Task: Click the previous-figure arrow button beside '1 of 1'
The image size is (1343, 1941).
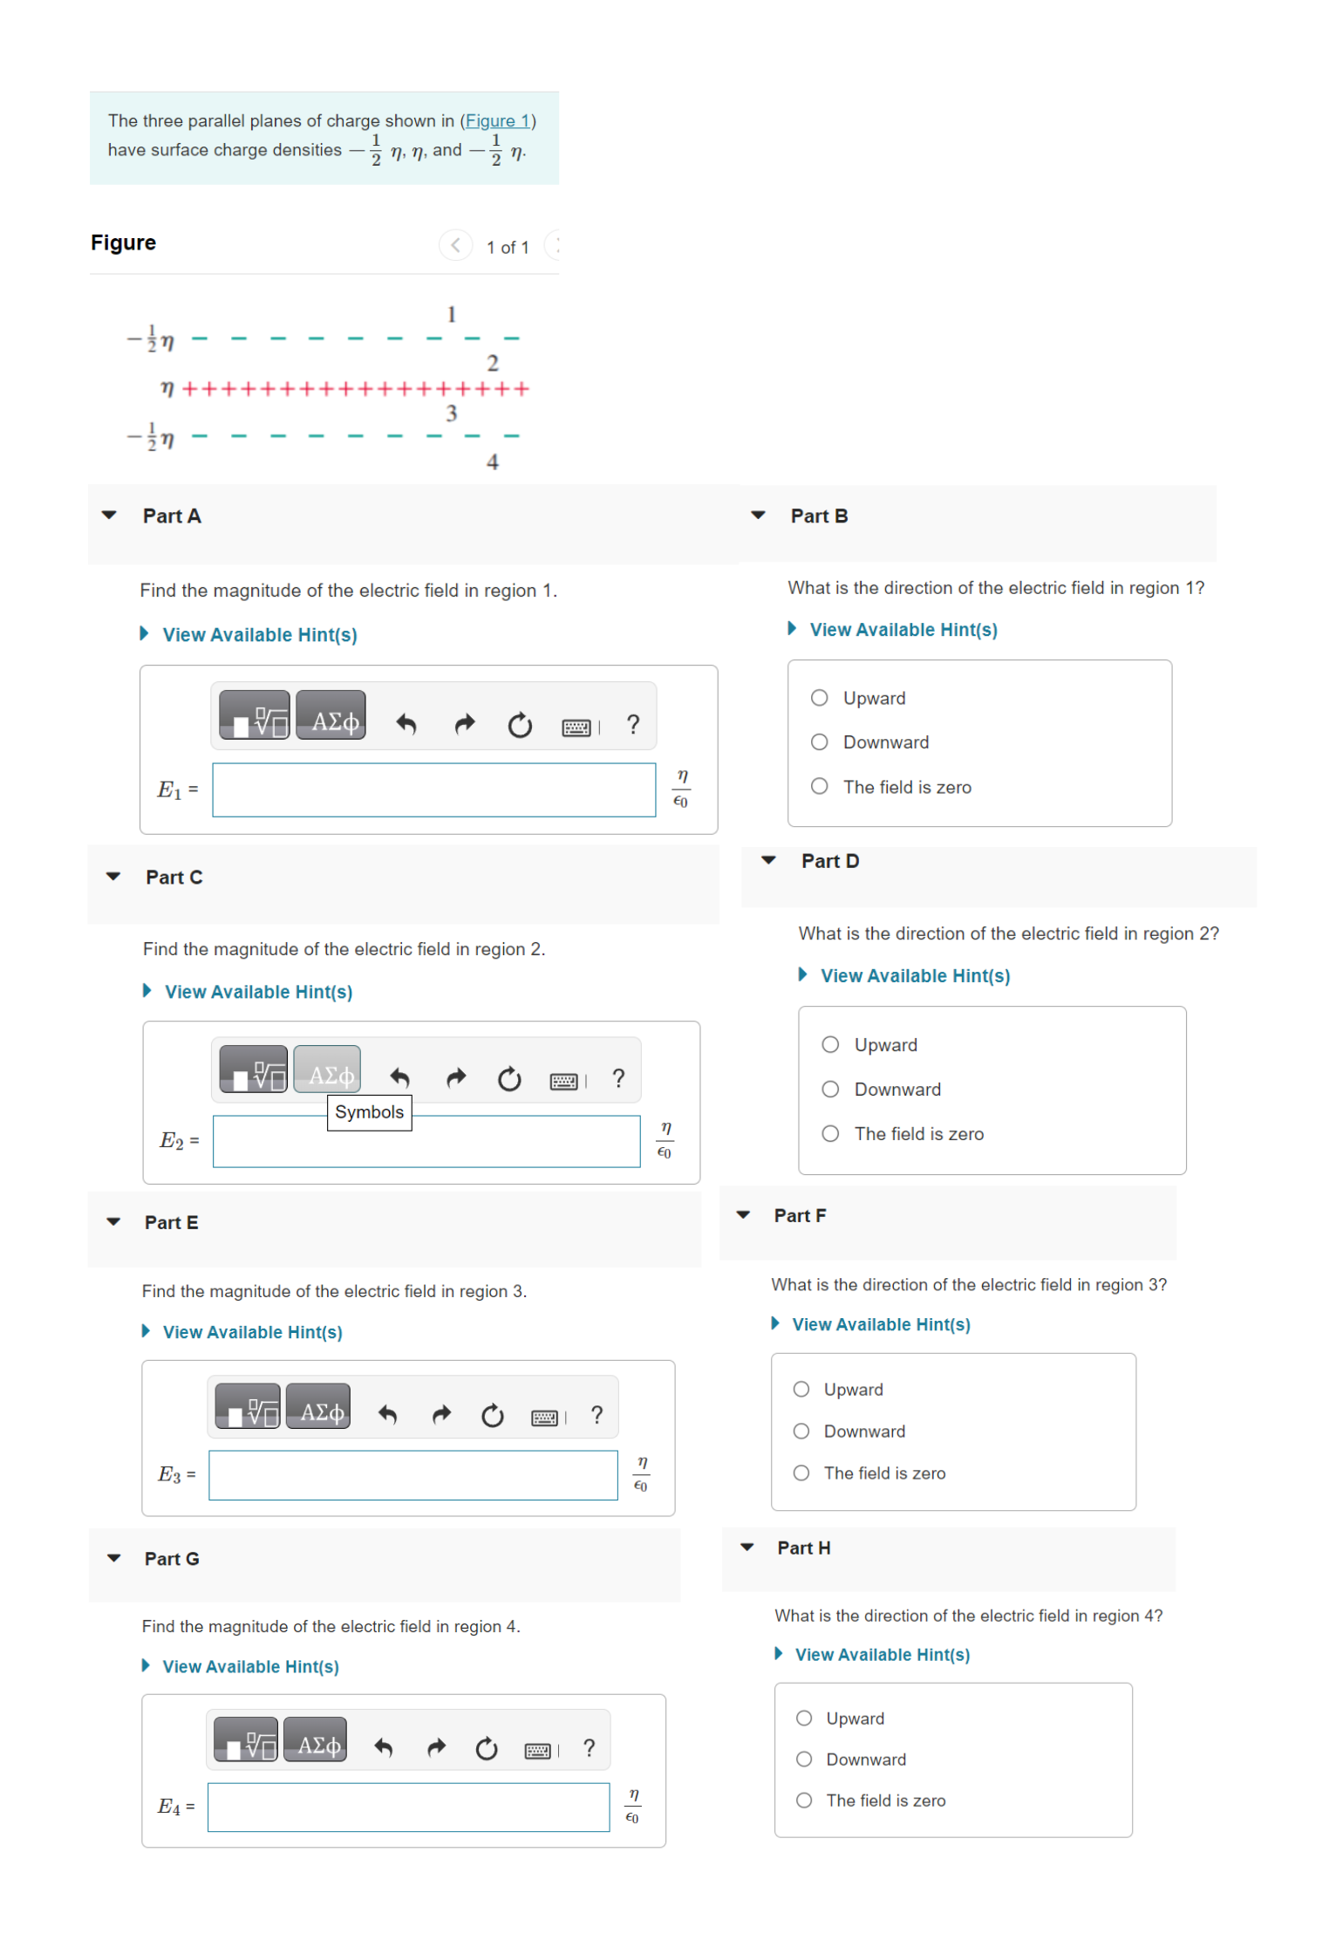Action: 455,245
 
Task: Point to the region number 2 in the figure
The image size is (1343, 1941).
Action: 493,363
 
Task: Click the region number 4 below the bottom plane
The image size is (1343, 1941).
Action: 493,461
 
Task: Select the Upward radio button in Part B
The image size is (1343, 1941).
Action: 819,698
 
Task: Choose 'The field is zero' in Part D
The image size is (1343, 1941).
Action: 830,1133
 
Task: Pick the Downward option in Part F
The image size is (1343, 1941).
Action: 801,1431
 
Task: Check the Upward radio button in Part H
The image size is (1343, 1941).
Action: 804,1718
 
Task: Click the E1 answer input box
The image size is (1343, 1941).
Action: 433,790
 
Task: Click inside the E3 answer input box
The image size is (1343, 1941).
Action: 412,1475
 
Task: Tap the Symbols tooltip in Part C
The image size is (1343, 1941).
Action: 369,1112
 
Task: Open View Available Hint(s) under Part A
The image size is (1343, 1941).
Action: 259,635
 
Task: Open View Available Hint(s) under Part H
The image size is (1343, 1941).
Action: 882,1655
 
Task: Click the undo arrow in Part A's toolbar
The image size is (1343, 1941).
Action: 406,724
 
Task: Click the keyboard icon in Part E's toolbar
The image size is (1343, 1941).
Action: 544,1417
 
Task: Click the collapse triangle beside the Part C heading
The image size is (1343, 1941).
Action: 113,877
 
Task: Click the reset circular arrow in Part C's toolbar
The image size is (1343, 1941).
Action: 509,1079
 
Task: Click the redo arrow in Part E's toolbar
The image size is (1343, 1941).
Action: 441,1415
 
